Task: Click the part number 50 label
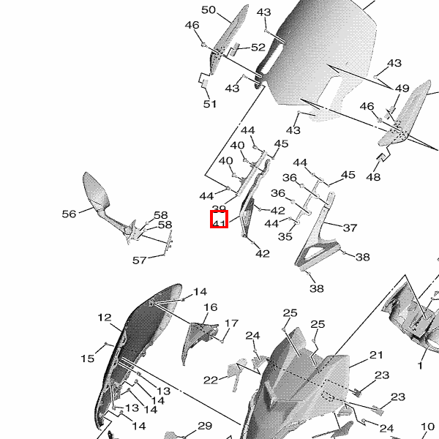click(209, 10)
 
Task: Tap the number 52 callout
click(258, 47)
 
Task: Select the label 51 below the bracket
click(210, 104)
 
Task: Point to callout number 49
click(402, 89)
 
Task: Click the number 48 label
click(373, 177)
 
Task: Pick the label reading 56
click(69, 214)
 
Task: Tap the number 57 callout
click(139, 260)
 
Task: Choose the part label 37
click(350, 228)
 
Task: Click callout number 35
click(285, 236)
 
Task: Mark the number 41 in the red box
click(219, 219)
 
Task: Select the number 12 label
click(104, 318)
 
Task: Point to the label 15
click(88, 359)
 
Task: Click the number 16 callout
click(211, 307)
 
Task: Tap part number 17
click(232, 323)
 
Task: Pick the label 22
click(211, 380)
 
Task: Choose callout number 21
click(376, 355)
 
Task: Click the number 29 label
click(204, 426)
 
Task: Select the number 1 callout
click(421, 364)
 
